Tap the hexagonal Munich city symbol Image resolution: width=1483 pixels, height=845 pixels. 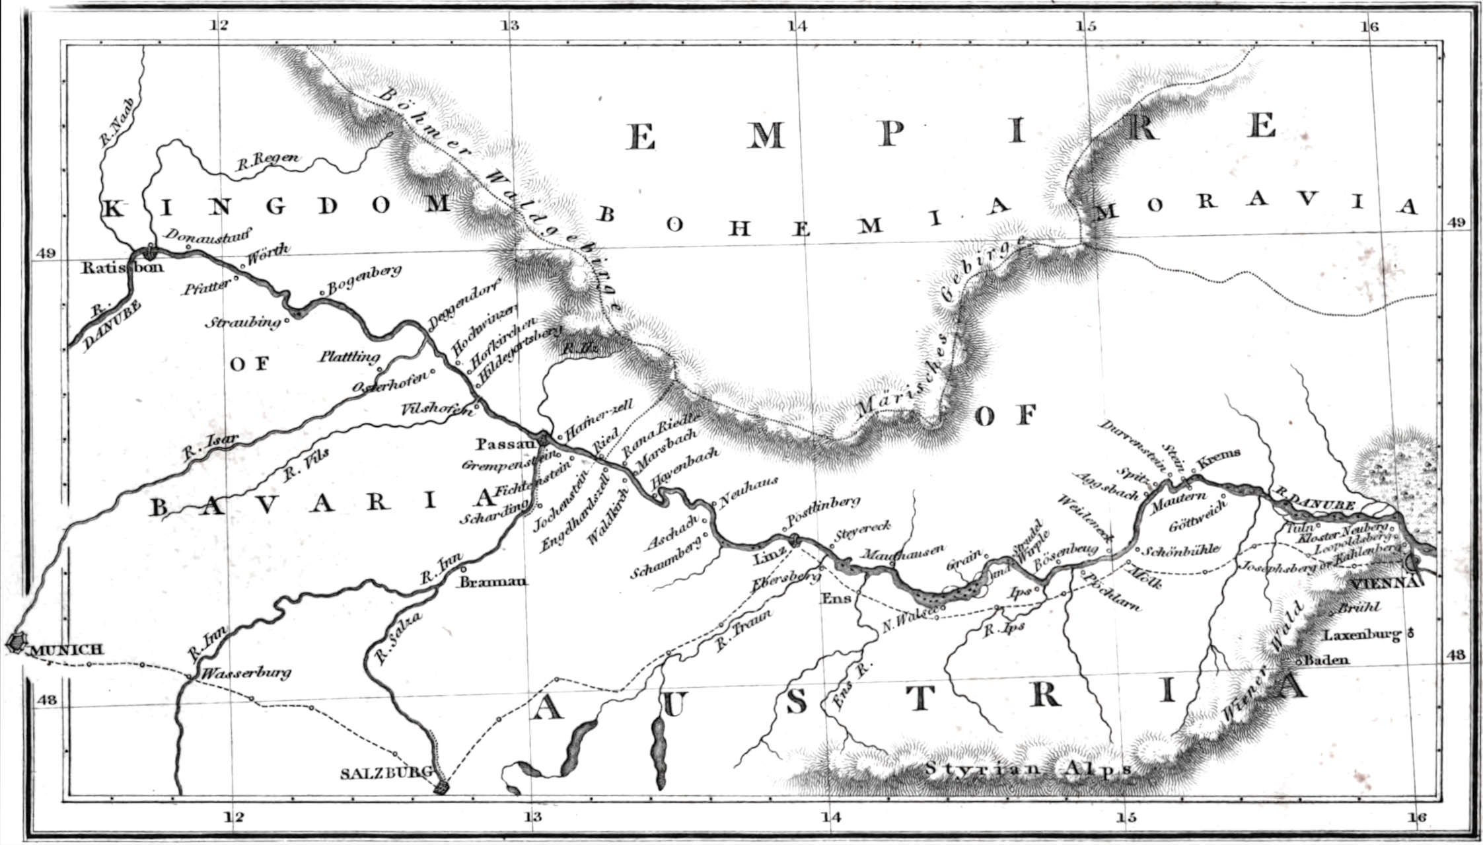(15, 642)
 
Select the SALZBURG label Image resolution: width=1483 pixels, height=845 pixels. (386, 772)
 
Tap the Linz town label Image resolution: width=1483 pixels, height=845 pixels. (769, 560)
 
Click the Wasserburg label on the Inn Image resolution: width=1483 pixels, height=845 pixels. (246, 674)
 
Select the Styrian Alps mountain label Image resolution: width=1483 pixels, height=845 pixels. (1028, 769)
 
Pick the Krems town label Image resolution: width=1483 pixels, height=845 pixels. (1219, 455)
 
